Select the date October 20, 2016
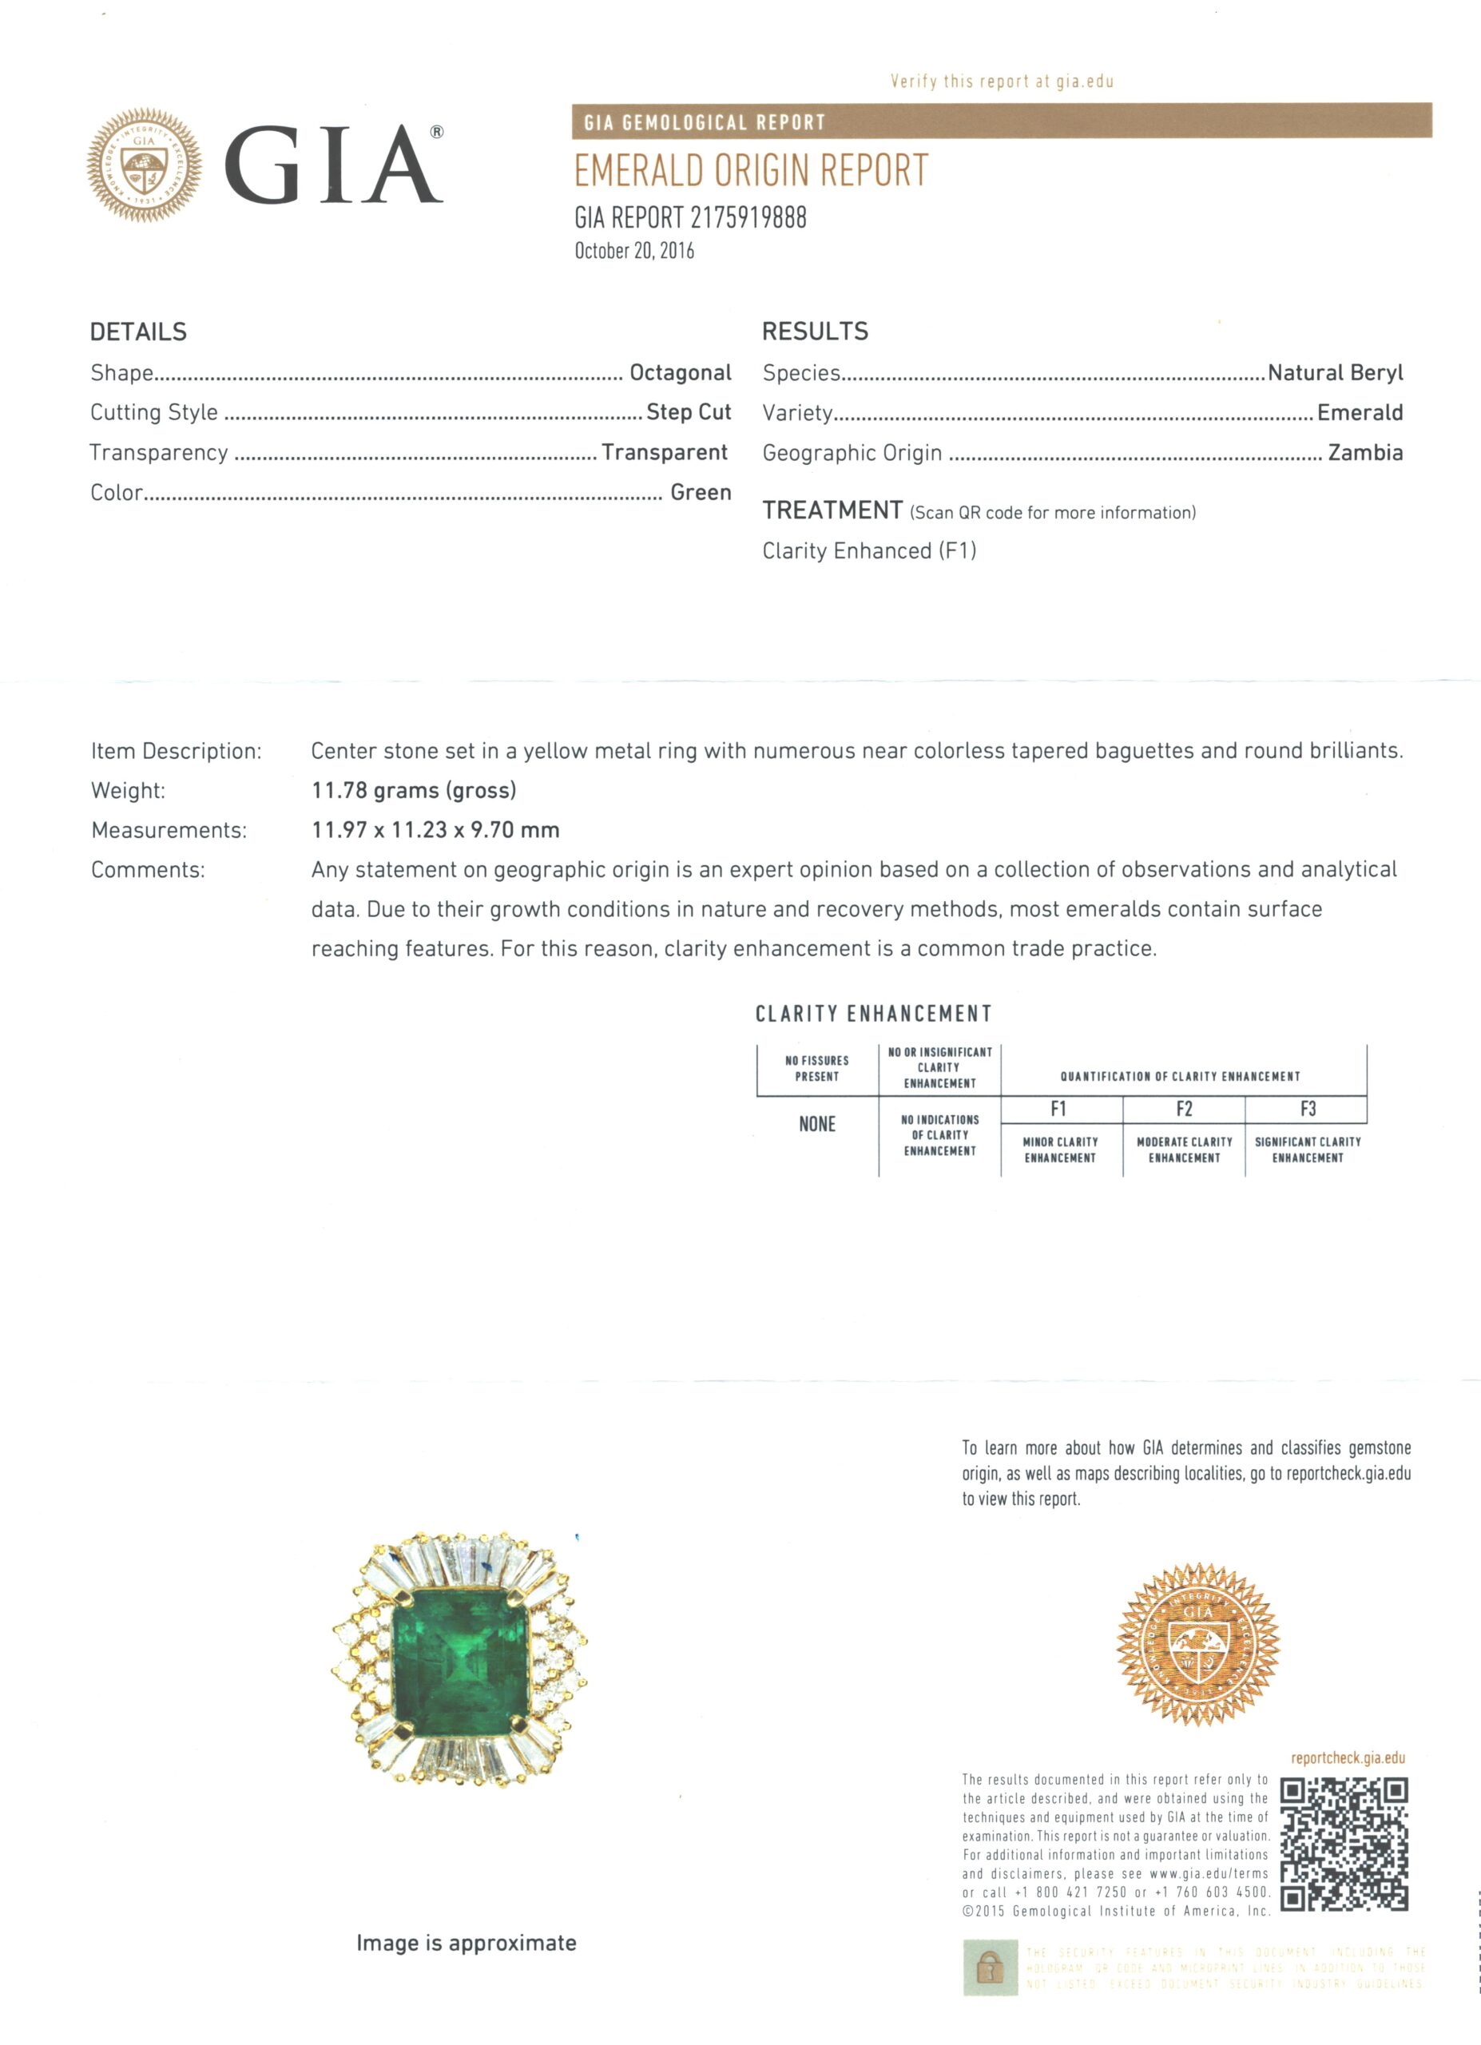click(633, 251)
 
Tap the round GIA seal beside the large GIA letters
click(145, 165)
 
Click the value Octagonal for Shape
click(680, 372)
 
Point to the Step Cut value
click(688, 412)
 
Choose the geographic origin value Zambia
click(1364, 453)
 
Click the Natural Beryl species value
click(1335, 372)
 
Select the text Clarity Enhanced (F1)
click(869, 551)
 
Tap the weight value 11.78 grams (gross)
click(414, 791)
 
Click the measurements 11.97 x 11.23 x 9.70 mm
click(435, 831)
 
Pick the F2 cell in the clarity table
click(1184, 1109)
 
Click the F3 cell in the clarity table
click(1307, 1109)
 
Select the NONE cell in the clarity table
click(816, 1125)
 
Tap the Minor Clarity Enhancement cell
click(1060, 1150)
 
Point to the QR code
click(1343, 1844)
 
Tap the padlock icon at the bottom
click(990, 1968)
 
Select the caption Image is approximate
click(466, 1943)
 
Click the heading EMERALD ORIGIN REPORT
click(751, 170)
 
